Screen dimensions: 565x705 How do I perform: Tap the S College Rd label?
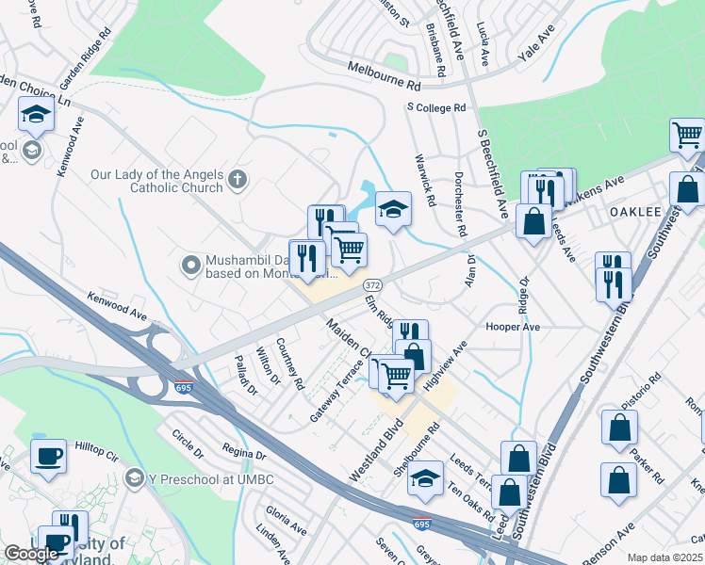(x=436, y=108)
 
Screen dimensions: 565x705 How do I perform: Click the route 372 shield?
(x=372, y=284)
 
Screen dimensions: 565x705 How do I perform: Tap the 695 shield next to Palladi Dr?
(x=184, y=387)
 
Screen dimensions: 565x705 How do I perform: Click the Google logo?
(x=31, y=554)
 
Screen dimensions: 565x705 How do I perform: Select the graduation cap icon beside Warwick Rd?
(x=393, y=207)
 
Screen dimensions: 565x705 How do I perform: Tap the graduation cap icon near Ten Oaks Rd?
(x=425, y=477)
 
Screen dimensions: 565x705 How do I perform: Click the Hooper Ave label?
(x=512, y=327)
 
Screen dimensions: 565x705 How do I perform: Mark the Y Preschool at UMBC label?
(x=199, y=479)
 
